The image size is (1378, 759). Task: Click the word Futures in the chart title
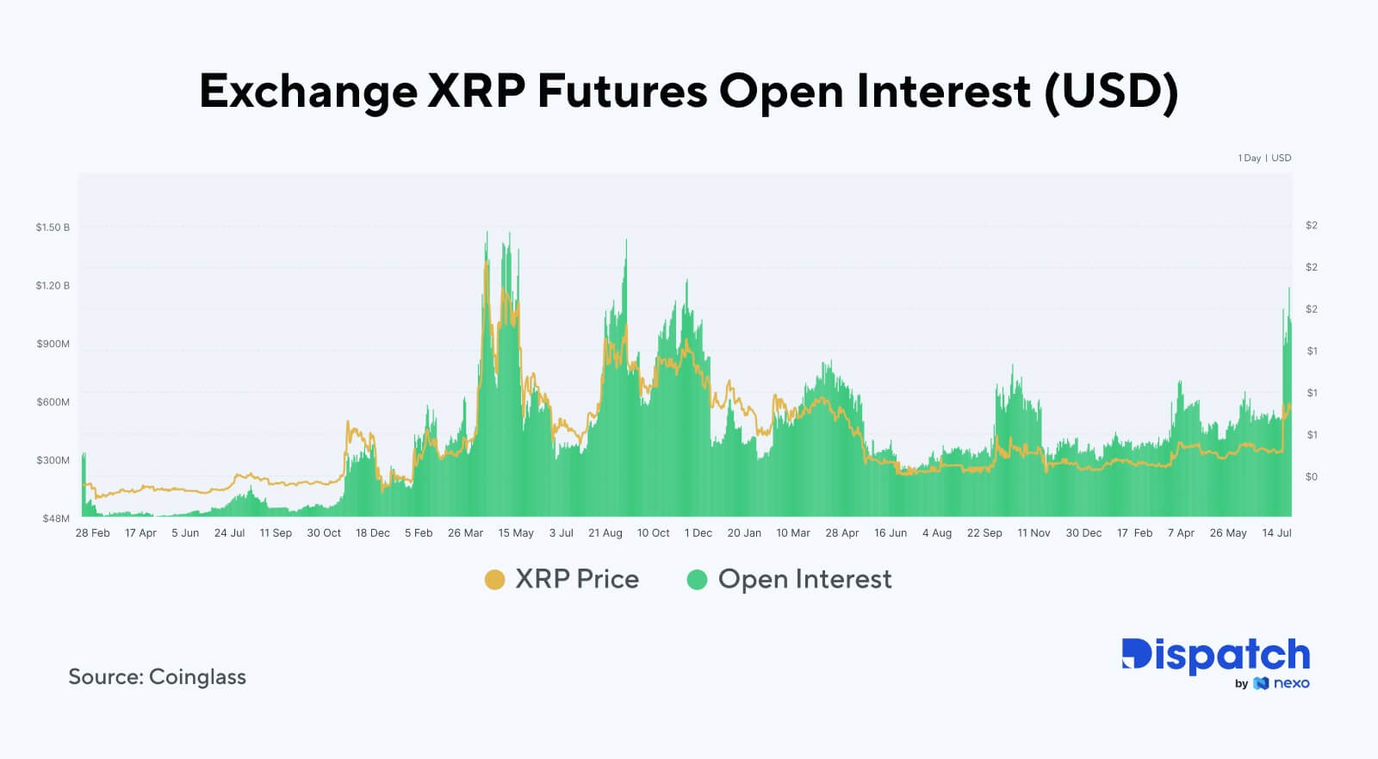tap(622, 90)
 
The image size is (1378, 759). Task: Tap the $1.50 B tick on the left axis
tap(53, 227)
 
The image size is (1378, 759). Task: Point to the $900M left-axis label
tap(53, 344)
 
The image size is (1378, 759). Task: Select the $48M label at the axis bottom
tap(56, 519)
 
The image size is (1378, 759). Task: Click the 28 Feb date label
tap(92, 533)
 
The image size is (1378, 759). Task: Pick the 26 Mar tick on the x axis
tap(465, 533)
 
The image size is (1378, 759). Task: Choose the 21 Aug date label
tap(605, 533)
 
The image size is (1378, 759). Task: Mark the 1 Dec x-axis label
tap(698, 533)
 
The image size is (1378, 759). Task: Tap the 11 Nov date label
tap(1033, 533)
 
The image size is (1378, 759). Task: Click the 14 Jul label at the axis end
tap(1276, 533)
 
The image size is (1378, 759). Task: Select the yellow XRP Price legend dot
tap(494, 580)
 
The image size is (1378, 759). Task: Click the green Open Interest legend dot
tap(697, 580)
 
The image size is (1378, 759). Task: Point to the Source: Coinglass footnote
tap(157, 677)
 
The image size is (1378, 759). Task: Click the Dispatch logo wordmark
tap(1215, 656)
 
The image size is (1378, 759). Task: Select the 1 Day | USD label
tap(1264, 159)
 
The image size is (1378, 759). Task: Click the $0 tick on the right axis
tap(1311, 476)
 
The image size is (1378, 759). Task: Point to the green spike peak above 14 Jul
tap(1289, 289)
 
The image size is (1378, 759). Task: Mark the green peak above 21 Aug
tap(626, 240)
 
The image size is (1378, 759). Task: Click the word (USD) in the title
tap(1111, 90)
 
